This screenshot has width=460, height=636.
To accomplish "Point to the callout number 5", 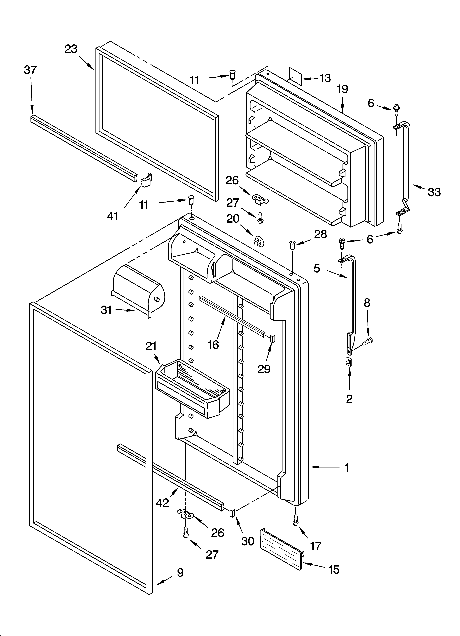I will click(x=317, y=269).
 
